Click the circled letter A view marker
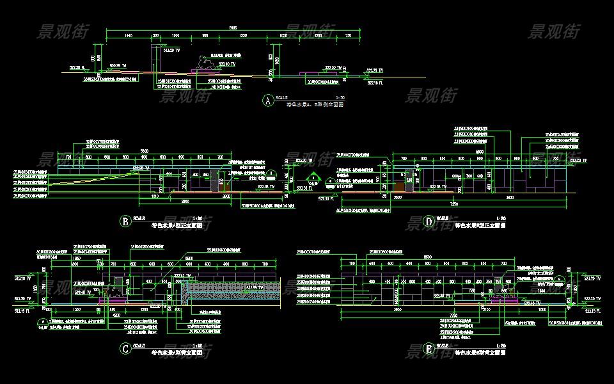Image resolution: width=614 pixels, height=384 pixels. pyautogui.click(x=267, y=100)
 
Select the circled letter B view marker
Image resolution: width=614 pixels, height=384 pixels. pyautogui.click(x=125, y=222)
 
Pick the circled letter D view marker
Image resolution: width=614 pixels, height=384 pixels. pyautogui.click(x=429, y=222)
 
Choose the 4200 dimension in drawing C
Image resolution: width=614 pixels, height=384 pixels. pyautogui.click(x=116, y=315)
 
